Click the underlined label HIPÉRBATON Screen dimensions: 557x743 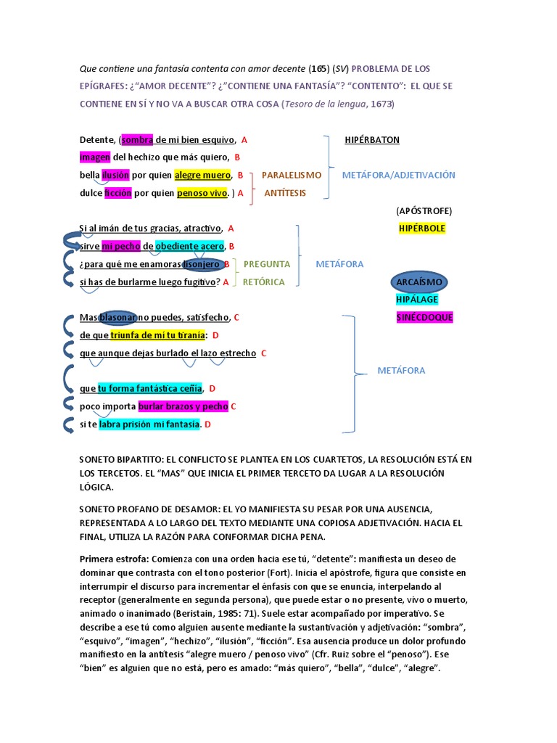372,139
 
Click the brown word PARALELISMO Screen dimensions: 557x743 291,175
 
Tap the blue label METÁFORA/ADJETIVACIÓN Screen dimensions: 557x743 398,175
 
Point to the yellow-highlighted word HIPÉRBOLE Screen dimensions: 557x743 422,228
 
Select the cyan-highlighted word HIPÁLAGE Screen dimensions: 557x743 417,299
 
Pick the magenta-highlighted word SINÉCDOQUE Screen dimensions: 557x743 424,317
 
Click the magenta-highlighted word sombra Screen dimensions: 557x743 133,139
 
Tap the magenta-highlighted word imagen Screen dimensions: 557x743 94,157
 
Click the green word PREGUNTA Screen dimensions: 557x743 266,264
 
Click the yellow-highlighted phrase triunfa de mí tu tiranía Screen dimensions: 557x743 157,335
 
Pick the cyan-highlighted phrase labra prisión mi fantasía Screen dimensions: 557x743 149,424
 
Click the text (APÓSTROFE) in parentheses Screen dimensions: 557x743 424,210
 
